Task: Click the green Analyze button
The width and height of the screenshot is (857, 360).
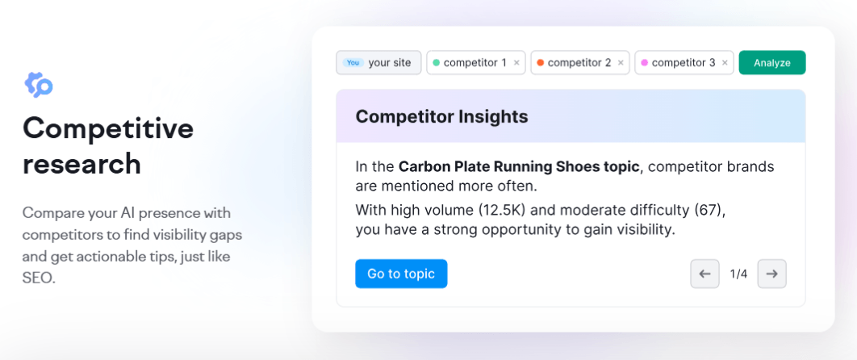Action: tap(771, 63)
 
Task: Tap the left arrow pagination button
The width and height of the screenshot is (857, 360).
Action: tap(704, 274)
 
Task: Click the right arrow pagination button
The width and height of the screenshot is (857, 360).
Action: tap(772, 274)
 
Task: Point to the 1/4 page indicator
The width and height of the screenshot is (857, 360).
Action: tap(738, 274)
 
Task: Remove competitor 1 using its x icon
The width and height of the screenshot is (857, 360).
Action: tap(516, 63)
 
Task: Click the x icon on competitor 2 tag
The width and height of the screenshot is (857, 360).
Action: tap(621, 63)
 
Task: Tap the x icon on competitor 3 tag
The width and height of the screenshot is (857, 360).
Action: tap(725, 63)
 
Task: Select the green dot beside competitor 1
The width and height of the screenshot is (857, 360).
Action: tap(437, 63)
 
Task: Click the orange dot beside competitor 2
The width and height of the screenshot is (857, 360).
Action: tap(541, 63)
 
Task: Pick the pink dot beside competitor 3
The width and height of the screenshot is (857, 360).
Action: tap(644, 63)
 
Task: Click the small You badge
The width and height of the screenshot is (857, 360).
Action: tap(353, 63)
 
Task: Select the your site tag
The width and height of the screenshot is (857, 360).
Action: tap(389, 63)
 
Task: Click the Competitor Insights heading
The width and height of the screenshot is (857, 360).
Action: tap(441, 116)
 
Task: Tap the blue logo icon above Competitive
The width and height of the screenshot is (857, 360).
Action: tap(38, 84)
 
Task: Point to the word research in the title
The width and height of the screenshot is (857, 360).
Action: tap(82, 164)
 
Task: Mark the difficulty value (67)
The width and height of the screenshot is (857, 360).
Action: tap(708, 211)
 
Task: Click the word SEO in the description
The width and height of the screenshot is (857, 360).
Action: tap(39, 278)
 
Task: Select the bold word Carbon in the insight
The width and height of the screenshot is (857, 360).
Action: tap(426, 167)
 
